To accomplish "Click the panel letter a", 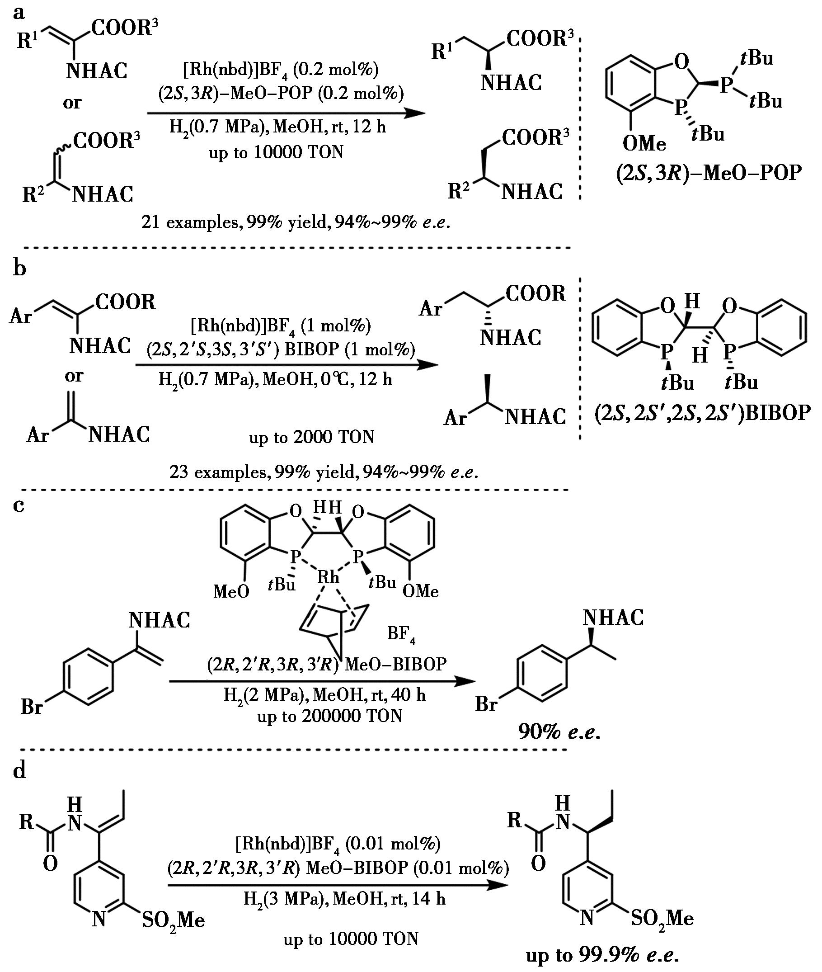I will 19,13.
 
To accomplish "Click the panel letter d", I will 19,772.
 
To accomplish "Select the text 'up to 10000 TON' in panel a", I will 276,152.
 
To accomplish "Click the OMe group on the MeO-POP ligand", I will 644,144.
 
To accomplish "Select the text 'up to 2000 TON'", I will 311,437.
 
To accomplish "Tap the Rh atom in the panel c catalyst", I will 329,578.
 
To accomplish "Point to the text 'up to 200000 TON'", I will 329,716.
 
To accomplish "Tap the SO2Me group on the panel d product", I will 662,917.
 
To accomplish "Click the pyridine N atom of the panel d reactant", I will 99,919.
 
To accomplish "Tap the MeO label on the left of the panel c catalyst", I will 231,592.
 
